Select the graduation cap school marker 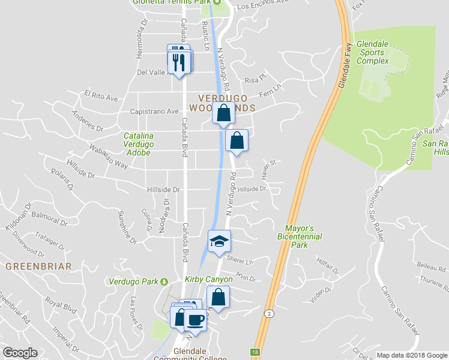(x=219, y=241)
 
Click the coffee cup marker (x=194, y=320)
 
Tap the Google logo (x=20, y=353)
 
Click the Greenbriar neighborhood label (x=38, y=266)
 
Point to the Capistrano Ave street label (x=155, y=111)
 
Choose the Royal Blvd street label (x=62, y=305)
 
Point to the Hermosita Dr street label (x=142, y=35)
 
